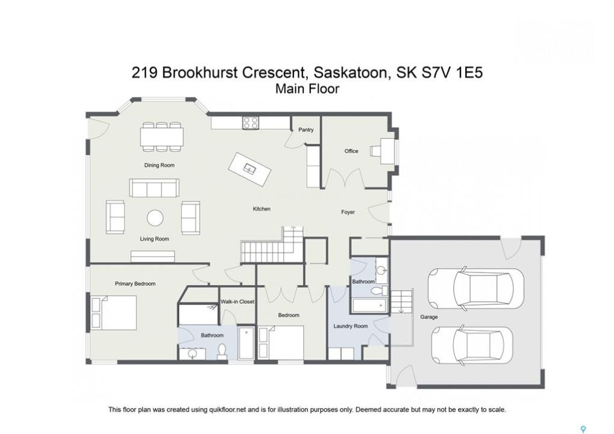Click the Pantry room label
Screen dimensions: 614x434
coord(306,130)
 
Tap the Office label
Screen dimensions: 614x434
coord(351,151)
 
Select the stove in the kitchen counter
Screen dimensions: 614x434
coord(251,123)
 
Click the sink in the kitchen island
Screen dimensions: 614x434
coord(249,169)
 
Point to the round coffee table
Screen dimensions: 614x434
coord(155,218)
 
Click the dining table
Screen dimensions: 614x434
coord(162,137)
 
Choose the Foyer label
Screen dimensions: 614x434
coord(348,212)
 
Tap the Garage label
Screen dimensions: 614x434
coord(429,317)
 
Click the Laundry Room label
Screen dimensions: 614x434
coord(351,326)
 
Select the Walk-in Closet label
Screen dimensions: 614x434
coord(237,301)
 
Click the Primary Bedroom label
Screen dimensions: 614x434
coord(135,283)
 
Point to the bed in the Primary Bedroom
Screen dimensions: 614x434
coord(114,313)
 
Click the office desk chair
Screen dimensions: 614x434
coord(376,151)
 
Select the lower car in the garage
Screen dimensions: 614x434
coord(472,345)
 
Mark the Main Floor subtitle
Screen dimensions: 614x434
coord(307,89)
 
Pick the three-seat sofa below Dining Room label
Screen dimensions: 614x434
coord(154,188)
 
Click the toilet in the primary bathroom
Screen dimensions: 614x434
coord(222,351)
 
